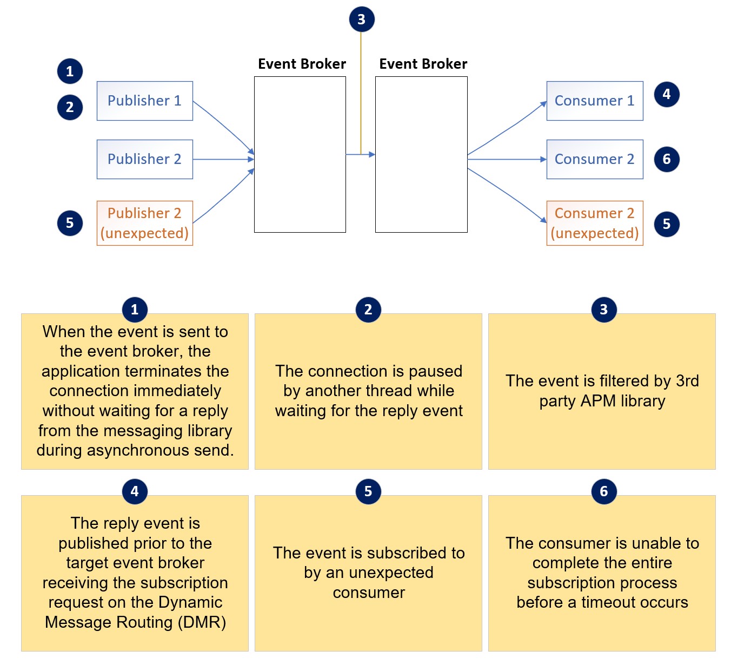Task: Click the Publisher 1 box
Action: tap(144, 101)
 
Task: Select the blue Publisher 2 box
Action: tap(144, 159)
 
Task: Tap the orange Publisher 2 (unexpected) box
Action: tap(144, 223)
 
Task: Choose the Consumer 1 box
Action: tap(594, 101)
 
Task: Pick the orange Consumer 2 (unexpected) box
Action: tap(594, 223)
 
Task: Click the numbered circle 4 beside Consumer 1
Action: tap(667, 94)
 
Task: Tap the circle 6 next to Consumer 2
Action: tap(667, 159)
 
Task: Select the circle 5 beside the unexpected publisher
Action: tap(70, 223)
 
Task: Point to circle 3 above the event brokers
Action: tap(361, 19)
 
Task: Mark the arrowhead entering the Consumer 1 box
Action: tap(543, 103)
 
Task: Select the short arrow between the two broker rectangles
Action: tap(360, 155)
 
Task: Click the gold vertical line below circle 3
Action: tap(361, 92)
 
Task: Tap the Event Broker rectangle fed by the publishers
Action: tap(300, 154)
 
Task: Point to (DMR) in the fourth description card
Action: tap(201, 622)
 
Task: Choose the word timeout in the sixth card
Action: tap(609, 602)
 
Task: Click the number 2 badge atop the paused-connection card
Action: tap(368, 310)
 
